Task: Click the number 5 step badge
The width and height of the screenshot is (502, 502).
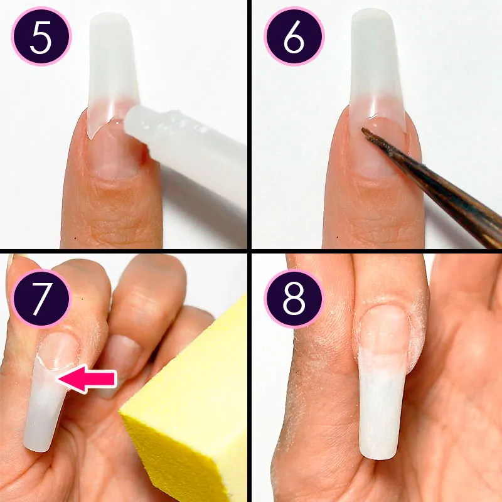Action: click(x=41, y=36)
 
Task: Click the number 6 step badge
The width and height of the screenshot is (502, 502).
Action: click(x=294, y=36)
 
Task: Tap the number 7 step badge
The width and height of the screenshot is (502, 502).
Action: click(x=41, y=299)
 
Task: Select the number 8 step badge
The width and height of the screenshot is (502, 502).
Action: click(x=294, y=299)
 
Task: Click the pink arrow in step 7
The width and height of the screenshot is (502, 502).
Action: click(x=87, y=380)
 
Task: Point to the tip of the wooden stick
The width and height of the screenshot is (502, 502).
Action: click(x=363, y=129)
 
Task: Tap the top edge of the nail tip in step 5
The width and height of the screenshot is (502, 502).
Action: click(x=109, y=14)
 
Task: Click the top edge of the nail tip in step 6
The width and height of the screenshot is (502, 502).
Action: click(x=372, y=11)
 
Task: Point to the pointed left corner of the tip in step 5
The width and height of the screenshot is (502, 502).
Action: click(x=91, y=139)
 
